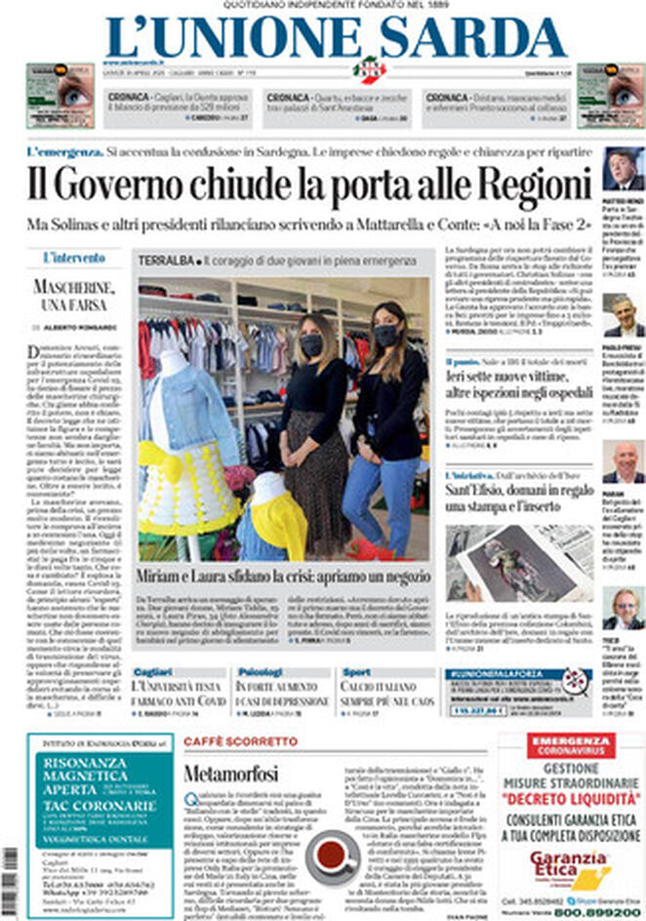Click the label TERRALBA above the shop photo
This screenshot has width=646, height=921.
(x=166, y=262)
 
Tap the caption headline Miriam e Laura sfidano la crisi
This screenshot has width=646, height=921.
(x=281, y=576)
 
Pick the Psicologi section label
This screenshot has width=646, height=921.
(x=260, y=672)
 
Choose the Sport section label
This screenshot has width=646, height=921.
(x=356, y=672)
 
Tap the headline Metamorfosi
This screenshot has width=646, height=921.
(x=230, y=774)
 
